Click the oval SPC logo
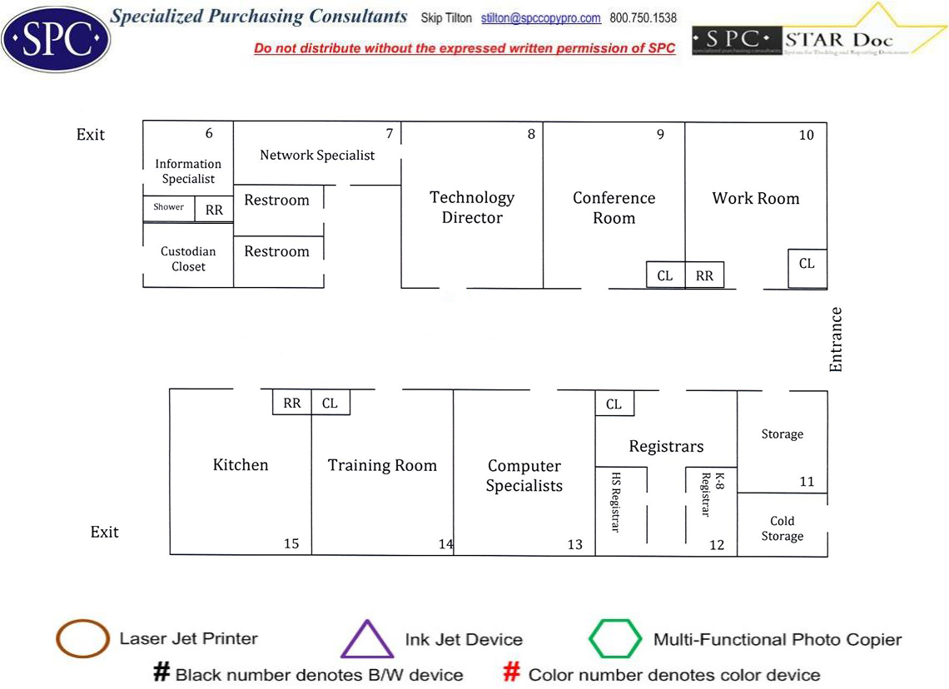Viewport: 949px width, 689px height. coord(55,36)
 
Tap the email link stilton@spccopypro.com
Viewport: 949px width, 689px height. coord(540,17)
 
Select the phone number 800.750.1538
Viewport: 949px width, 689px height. coord(643,17)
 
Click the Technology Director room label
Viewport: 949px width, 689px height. coord(472,207)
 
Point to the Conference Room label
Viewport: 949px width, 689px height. coord(614,208)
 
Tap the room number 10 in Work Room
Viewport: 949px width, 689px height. coord(806,135)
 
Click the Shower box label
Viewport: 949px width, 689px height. coord(168,207)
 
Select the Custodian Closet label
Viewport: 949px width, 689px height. coord(188,259)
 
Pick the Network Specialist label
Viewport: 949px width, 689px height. coord(317,155)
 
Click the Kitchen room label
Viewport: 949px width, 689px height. coord(241,465)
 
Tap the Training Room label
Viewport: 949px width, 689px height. coord(382,466)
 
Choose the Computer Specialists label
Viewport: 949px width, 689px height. coord(524,476)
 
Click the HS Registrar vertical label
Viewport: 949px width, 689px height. coord(616,503)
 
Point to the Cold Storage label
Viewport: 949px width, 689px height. coord(782,528)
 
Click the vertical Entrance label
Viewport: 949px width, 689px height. coord(836,339)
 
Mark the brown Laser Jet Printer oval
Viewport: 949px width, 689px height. coord(82,639)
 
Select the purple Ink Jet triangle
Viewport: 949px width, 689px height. coord(367,640)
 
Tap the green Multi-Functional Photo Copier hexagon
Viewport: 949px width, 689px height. coord(615,639)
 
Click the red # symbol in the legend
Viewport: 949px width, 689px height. coord(513,672)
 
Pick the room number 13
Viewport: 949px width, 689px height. coord(574,544)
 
